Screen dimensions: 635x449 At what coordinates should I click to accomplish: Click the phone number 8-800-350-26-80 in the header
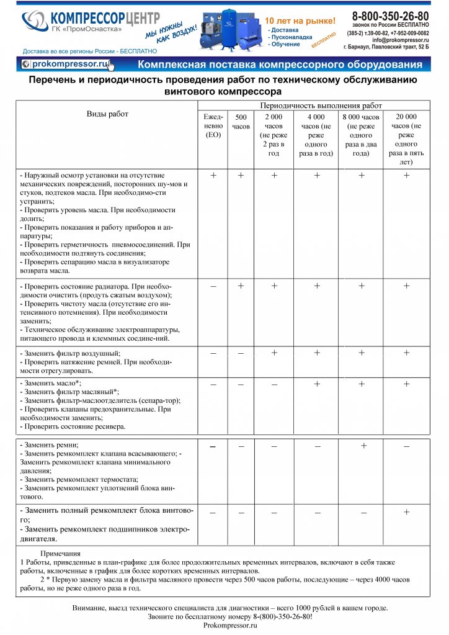(x=389, y=16)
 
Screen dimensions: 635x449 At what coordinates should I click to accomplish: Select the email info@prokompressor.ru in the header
(x=401, y=40)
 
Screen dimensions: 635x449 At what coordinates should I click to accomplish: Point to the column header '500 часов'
(x=241, y=122)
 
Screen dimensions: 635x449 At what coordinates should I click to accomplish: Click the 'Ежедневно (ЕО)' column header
(x=213, y=126)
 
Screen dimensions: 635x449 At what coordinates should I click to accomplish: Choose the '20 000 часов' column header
(x=406, y=139)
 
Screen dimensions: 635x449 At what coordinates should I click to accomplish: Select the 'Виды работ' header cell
(x=107, y=114)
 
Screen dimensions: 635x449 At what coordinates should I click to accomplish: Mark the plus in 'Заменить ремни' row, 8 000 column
(x=363, y=446)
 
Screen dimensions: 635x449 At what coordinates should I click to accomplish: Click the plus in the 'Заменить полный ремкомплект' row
(x=407, y=512)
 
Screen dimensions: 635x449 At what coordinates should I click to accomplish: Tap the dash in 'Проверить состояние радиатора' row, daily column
(x=213, y=286)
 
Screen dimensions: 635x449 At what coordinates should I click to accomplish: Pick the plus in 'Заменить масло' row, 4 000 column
(x=317, y=384)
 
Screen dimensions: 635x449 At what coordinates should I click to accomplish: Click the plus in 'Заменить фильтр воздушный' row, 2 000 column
(x=274, y=353)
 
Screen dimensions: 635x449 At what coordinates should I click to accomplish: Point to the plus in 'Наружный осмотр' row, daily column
(x=213, y=176)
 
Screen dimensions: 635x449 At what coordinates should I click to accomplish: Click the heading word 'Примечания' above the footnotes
(x=60, y=553)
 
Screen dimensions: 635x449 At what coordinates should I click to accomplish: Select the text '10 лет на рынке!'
(x=300, y=20)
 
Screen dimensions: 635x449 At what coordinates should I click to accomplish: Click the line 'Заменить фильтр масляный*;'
(x=69, y=392)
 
